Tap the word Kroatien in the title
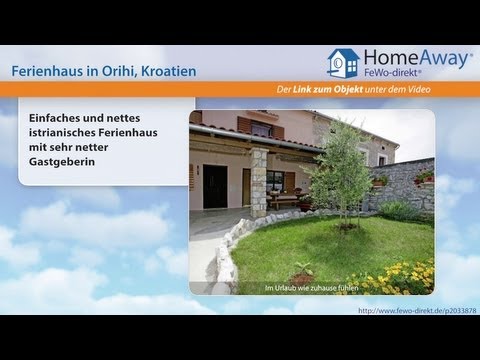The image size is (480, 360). (163, 71)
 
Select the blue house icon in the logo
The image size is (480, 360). (343, 61)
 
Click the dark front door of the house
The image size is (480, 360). (215, 186)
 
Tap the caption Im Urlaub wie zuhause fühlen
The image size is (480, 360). (311, 289)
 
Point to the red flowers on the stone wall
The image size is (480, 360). (423, 176)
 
